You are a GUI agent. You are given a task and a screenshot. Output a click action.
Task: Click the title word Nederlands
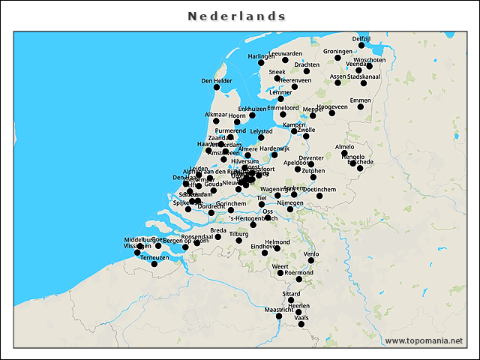237,16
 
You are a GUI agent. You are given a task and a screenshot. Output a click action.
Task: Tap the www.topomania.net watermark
424,340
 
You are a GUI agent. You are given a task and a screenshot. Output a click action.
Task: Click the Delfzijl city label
361,38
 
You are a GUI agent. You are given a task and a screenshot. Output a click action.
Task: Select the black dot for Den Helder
218,91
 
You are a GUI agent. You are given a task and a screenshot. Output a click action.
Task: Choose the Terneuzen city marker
154,264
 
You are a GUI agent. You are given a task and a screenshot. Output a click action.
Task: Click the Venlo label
311,254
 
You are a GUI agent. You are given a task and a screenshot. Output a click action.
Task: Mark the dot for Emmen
361,107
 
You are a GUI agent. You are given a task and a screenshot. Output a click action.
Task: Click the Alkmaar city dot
216,121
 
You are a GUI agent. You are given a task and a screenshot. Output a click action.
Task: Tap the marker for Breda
218,237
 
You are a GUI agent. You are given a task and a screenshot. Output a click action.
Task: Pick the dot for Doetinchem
319,196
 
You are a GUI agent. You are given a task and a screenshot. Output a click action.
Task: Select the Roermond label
299,272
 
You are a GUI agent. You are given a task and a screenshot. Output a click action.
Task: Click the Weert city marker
280,273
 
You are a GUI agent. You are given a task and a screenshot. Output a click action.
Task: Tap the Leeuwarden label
285,54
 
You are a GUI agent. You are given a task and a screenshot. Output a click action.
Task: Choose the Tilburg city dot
239,240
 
